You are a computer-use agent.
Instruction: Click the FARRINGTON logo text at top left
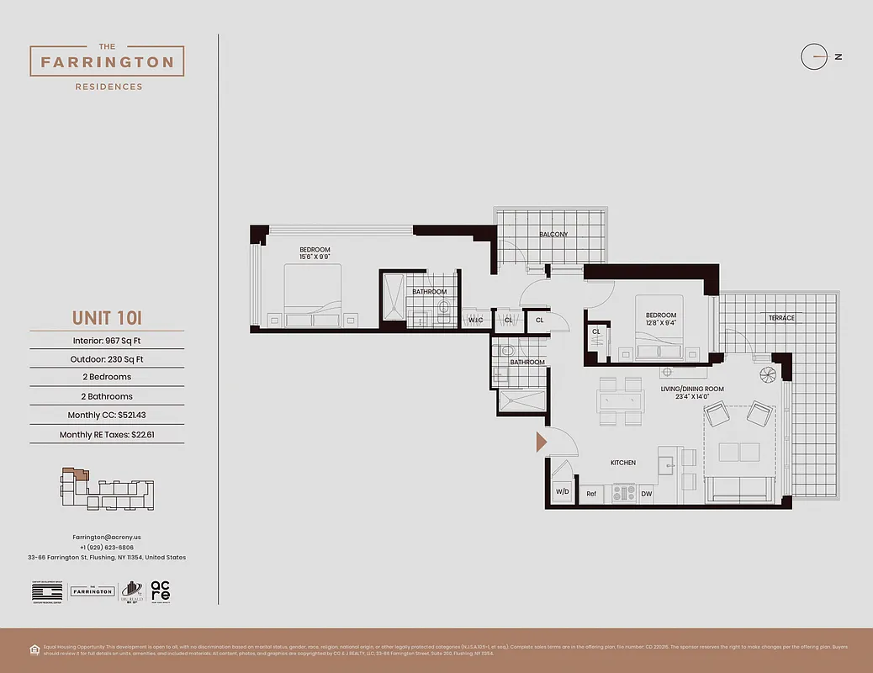(107, 62)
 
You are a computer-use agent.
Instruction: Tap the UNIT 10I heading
(107, 317)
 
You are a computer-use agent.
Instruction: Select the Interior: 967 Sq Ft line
(107, 341)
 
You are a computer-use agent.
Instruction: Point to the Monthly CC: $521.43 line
(107, 415)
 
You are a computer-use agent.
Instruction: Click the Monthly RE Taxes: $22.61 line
(107, 435)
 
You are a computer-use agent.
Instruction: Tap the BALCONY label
(553, 234)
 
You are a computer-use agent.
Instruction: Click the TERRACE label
(780, 318)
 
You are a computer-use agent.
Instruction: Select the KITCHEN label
(622, 463)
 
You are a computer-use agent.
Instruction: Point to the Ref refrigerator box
(591, 494)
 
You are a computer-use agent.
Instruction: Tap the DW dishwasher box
(646, 494)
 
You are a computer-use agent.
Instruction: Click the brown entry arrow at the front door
(542, 441)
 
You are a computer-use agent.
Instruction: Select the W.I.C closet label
(474, 320)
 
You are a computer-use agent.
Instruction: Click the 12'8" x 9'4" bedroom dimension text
(661, 322)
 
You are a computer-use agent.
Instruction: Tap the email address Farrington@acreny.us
(107, 537)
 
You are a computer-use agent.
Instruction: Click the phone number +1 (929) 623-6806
(107, 547)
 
